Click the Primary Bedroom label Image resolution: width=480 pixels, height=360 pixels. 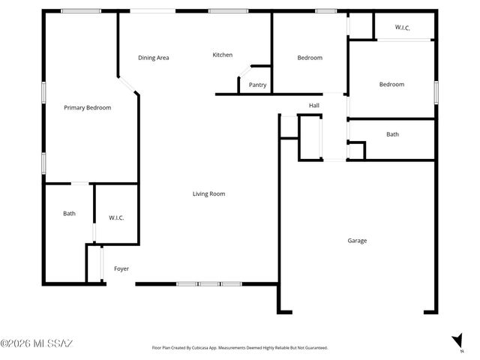[87, 108]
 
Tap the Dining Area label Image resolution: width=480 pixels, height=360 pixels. [153, 58]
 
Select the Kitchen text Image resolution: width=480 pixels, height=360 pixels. [223, 55]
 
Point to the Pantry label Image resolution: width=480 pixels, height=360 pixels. [257, 85]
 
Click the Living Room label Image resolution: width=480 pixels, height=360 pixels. [208, 194]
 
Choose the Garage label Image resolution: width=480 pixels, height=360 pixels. [357, 241]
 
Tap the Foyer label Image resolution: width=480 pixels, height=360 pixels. [121, 268]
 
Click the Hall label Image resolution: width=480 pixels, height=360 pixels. [313, 106]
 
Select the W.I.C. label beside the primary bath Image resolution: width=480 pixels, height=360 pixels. [116, 217]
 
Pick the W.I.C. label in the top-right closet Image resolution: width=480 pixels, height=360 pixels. [403, 28]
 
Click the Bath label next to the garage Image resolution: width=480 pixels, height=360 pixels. [392, 134]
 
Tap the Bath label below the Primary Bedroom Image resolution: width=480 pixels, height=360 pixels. [69, 214]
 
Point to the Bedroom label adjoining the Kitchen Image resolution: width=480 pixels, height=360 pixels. [310, 58]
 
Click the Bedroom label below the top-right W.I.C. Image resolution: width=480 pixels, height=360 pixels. [391, 85]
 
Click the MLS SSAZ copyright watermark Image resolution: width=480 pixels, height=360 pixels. [37, 344]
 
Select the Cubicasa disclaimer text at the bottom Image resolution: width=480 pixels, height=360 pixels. [240, 348]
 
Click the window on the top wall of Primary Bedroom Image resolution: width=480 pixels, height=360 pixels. [81, 10]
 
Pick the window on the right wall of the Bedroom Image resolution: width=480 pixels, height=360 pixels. [436, 91]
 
